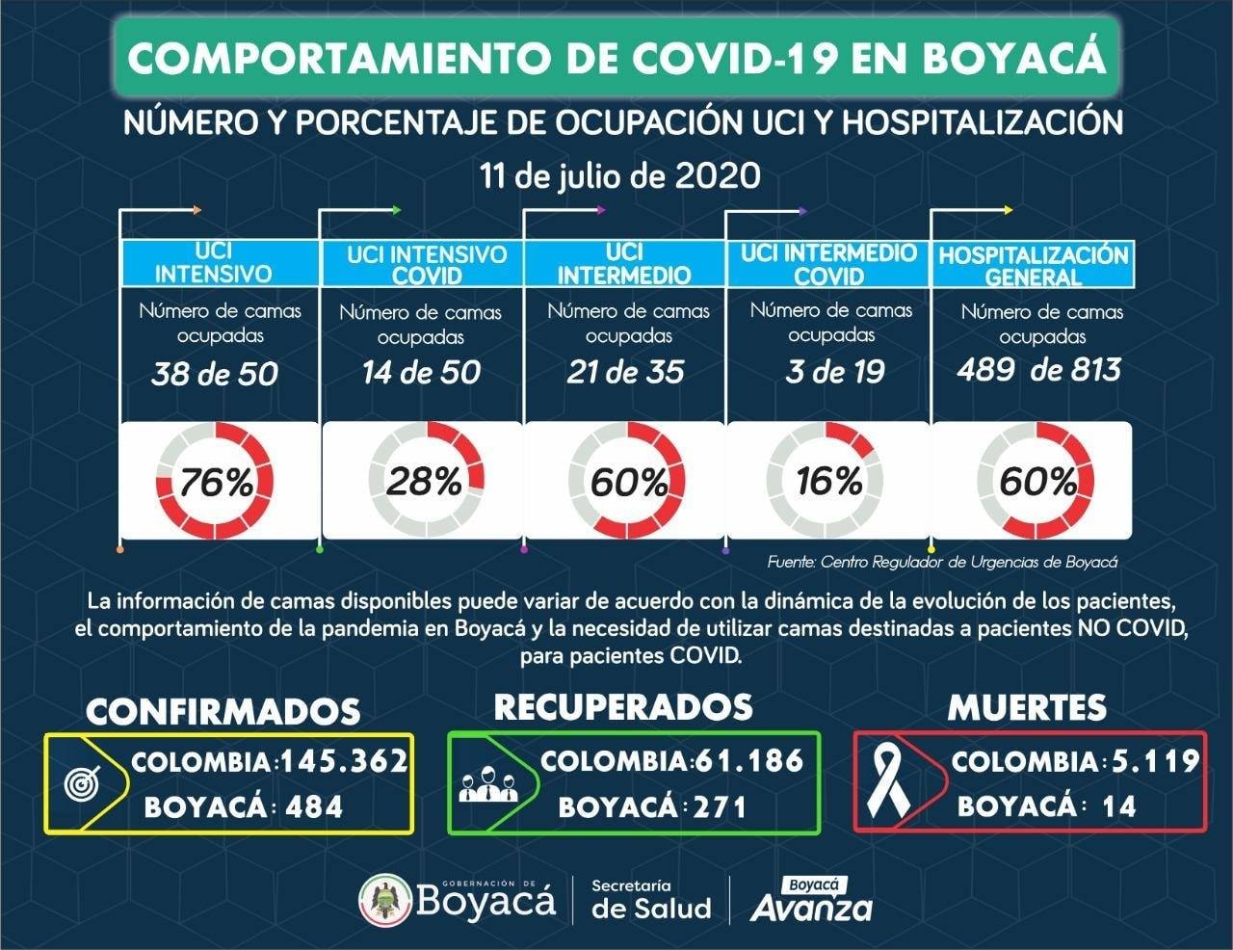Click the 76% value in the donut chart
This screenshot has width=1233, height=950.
[x=216, y=483]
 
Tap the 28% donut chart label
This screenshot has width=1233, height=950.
[x=425, y=481]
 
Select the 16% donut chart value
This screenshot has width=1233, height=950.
[x=829, y=481]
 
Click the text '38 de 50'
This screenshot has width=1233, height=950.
[x=215, y=374]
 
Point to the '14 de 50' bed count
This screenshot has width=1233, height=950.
[x=421, y=373]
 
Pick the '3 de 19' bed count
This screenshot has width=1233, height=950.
[x=834, y=372]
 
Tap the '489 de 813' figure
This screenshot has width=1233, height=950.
[x=1039, y=370]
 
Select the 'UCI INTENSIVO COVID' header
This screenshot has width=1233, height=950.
[x=427, y=266]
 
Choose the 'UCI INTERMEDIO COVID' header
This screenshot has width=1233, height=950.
[x=828, y=264]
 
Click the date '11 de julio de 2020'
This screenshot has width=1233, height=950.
[x=619, y=175]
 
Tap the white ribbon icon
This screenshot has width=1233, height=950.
[x=888, y=783]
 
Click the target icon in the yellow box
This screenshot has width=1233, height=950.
[x=83, y=783]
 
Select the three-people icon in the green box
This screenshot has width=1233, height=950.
[x=488, y=784]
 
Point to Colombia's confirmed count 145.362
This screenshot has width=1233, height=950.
[x=344, y=761]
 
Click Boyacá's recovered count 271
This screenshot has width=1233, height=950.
[x=721, y=807]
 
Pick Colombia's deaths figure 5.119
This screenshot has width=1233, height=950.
[x=1155, y=761]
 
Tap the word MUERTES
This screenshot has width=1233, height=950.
[x=1027, y=707]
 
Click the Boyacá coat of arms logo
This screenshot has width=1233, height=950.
[x=385, y=900]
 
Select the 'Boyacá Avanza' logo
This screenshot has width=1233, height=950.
[x=812, y=900]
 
